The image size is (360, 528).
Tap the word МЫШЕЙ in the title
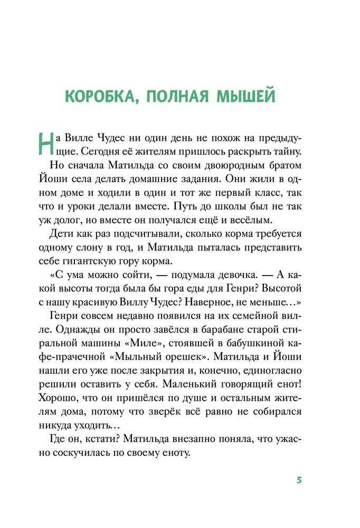click(x=247, y=97)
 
